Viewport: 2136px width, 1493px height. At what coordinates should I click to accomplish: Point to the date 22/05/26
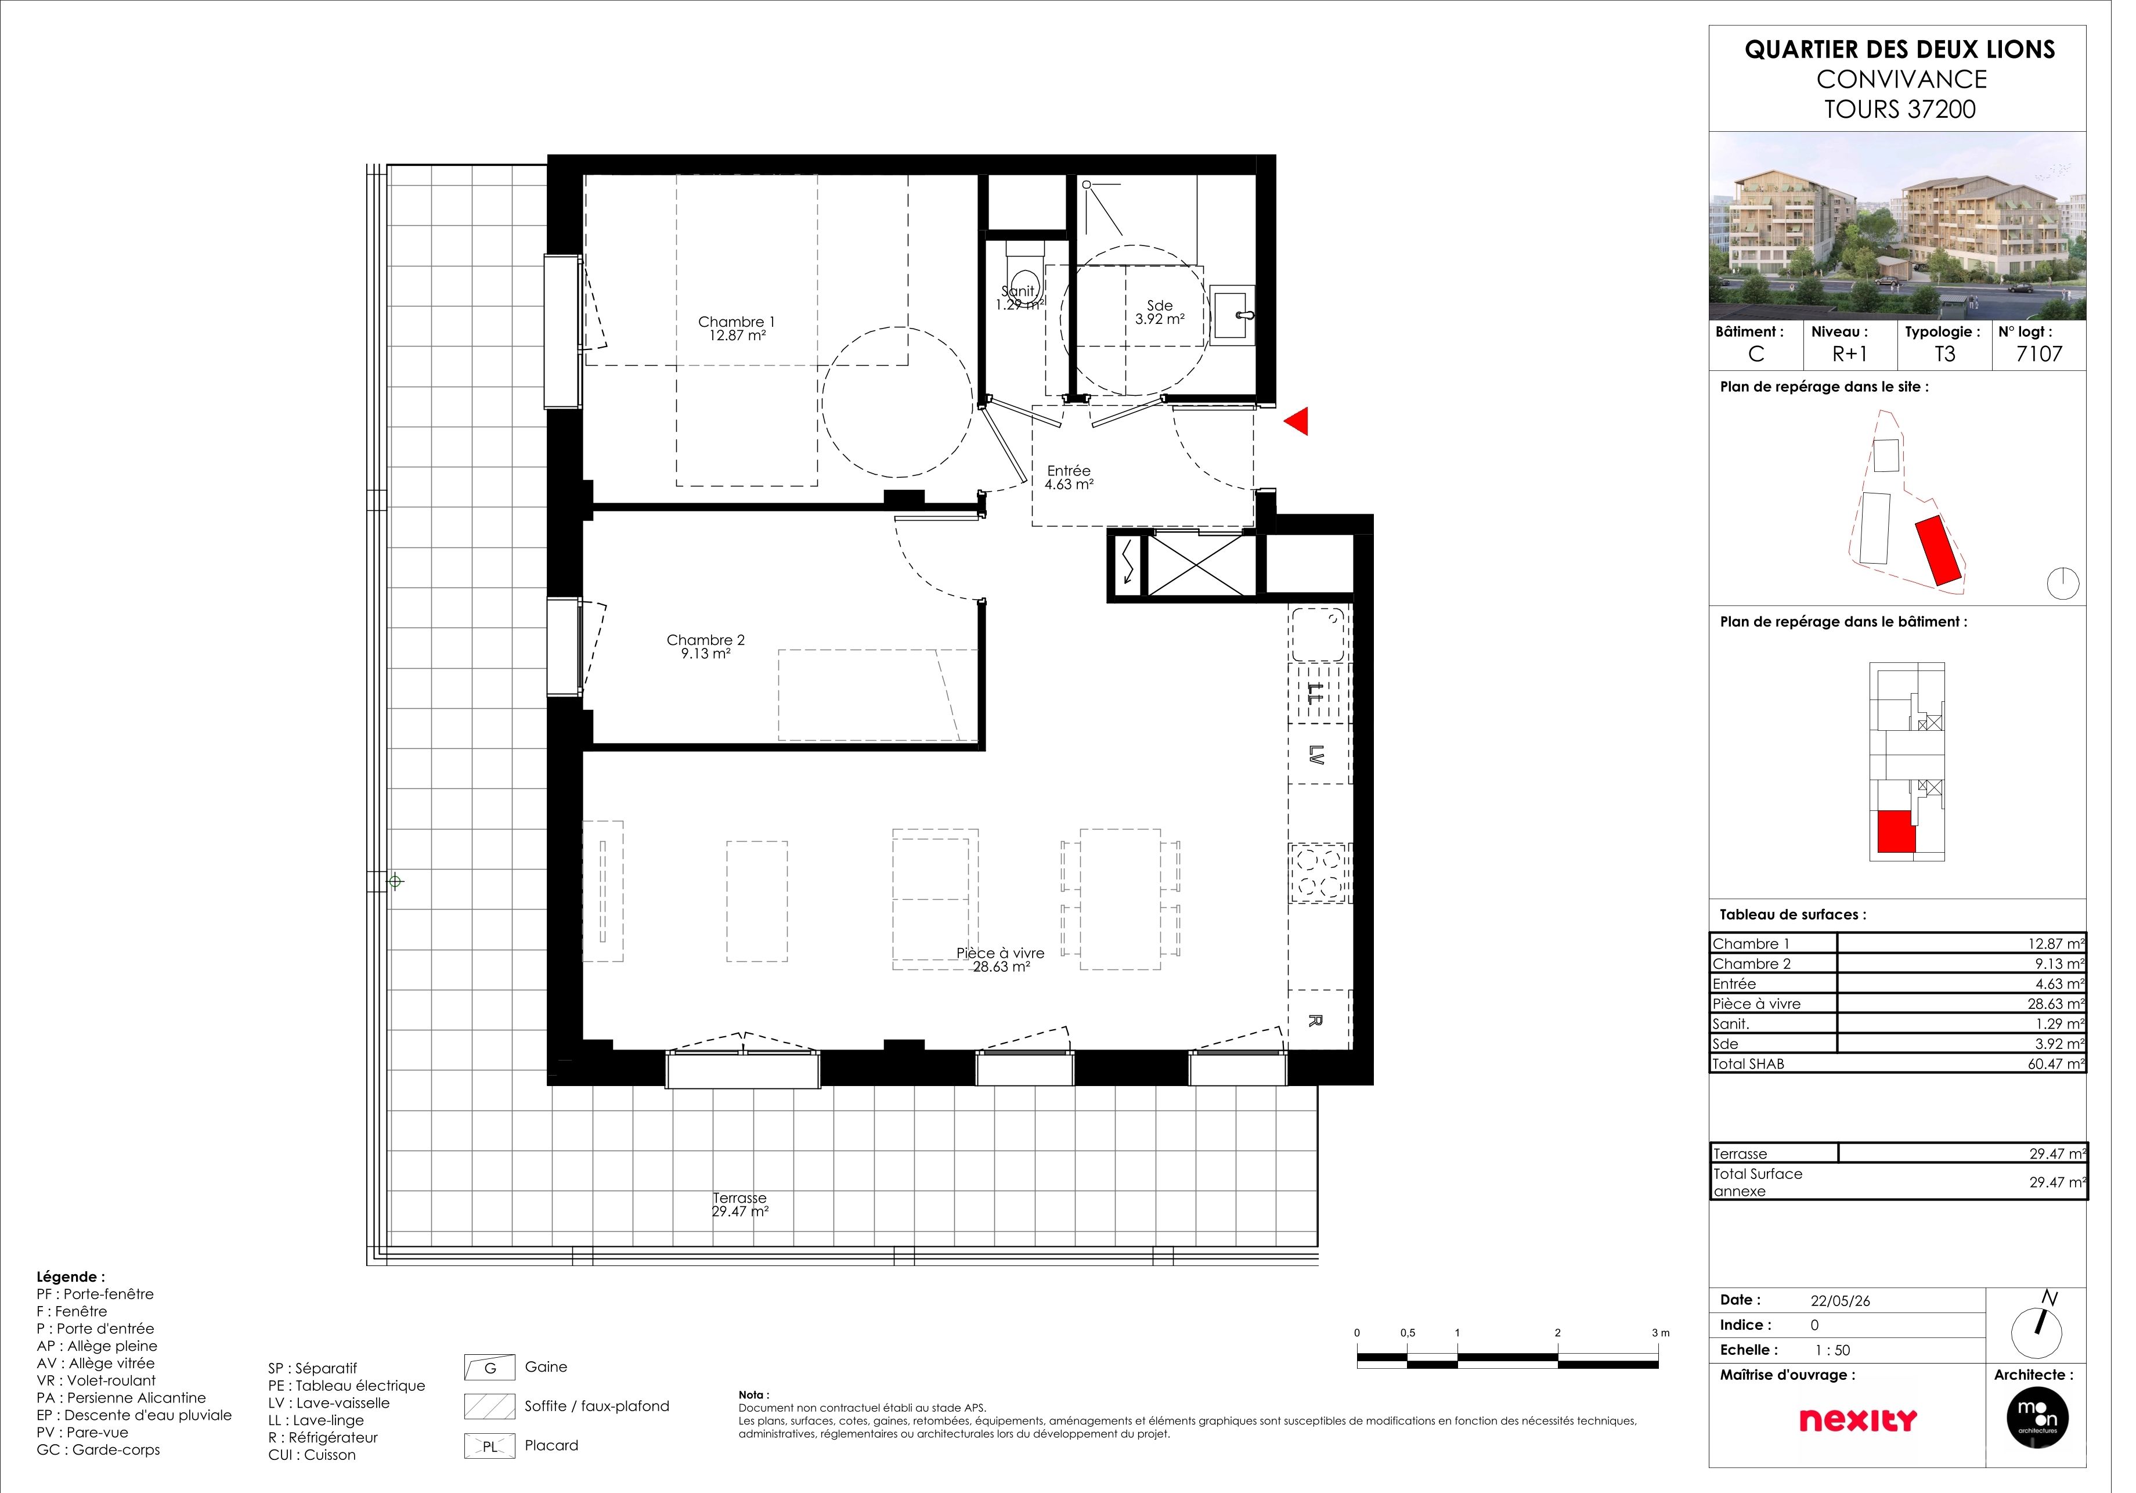pyautogui.click(x=1861, y=1317)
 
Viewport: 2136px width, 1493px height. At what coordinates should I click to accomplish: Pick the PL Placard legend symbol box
pyautogui.click(x=495, y=1462)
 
